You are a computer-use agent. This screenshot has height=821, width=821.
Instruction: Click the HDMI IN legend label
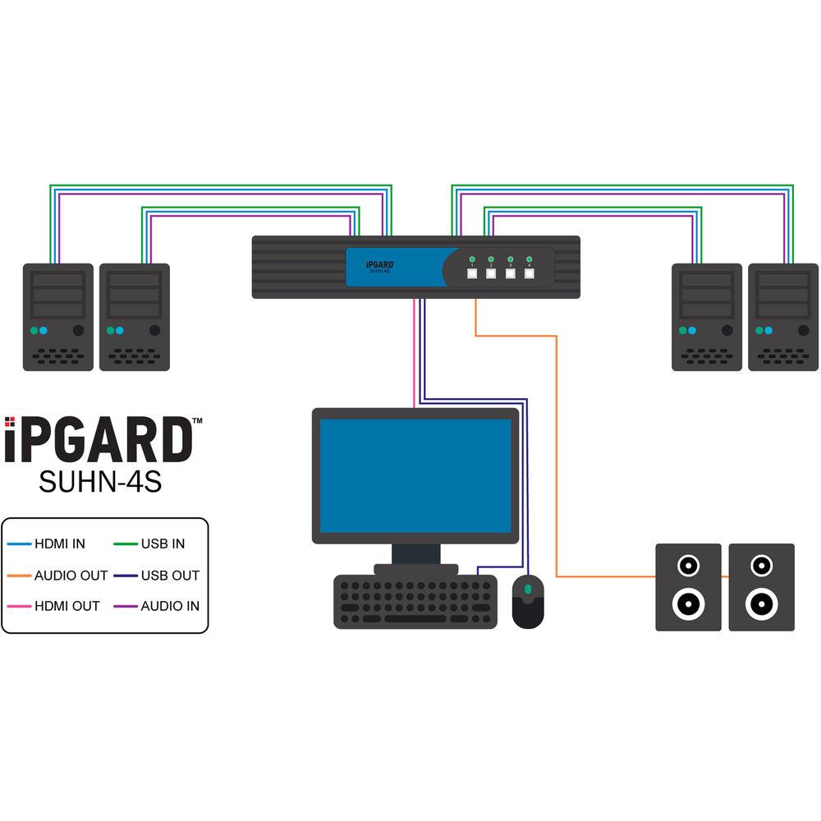(59, 544)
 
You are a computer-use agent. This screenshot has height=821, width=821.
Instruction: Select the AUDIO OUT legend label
(71, 576)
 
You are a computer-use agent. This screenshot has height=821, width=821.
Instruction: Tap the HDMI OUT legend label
(67, 606)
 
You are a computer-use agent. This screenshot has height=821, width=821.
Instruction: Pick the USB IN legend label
(163, 544)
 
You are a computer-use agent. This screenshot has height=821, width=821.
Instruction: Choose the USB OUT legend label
(169, 576)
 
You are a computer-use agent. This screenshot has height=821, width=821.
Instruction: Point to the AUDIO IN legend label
(169, 606)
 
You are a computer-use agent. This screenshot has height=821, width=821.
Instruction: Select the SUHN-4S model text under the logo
(100, 481)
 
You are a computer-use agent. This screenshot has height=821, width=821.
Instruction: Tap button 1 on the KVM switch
(473, 276)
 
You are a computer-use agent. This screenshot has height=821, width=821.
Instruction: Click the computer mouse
(528, 601)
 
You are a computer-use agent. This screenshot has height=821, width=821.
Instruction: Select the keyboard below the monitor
(415, 602)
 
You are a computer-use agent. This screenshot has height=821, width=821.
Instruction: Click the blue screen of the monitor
(415, 475)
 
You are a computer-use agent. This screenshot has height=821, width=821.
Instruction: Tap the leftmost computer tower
(57, 317)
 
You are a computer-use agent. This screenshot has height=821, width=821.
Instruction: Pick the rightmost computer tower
(782, 317)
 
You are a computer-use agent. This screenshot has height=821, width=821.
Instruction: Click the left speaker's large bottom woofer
(688, 603)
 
